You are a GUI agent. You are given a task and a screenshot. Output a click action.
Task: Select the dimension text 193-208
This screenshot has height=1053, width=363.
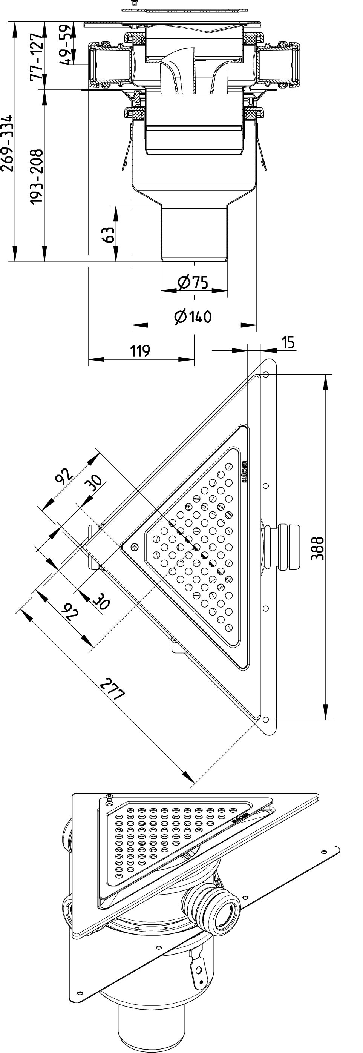click(37, 177)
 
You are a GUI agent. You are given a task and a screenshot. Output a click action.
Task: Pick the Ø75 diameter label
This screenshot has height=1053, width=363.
click(193, 282)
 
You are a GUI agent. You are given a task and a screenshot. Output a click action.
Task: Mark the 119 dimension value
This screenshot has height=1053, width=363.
click(140, 351)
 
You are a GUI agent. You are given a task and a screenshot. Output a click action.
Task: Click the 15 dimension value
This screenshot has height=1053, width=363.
click(288, 342)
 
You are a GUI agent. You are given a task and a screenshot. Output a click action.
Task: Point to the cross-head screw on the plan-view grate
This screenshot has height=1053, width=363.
click(135, 546)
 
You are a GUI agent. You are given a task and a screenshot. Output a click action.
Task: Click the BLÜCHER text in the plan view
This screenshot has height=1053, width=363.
click(245, 472)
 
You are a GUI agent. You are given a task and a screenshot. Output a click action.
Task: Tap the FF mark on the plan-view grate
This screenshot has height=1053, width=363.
click(188, 506)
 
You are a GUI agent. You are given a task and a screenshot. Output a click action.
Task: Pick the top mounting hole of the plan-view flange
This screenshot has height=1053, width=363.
click(265, 375)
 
